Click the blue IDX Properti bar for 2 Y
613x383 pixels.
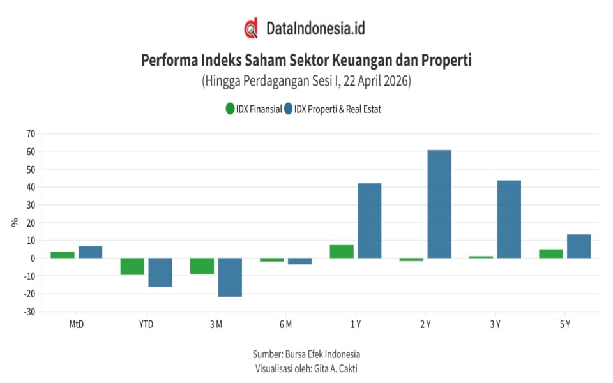(439, 204)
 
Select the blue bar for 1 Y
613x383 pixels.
(369, 220)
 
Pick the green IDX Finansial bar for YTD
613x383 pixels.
(132, 266)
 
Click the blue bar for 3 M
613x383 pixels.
(230, 277)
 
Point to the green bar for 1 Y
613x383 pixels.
(342, 252)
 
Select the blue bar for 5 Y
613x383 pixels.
(579, 246)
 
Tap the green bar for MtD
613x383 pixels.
(63, 255)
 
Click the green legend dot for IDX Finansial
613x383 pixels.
(229, 109)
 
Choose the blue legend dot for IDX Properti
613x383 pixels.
(289, 109)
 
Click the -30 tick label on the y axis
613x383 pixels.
(29, 312)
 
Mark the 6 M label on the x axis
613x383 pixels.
(285, 324)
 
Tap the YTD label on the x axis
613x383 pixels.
(146, 324)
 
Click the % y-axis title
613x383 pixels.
(14, 222)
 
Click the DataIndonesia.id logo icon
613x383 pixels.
(251, 28)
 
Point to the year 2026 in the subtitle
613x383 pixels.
(395, 81)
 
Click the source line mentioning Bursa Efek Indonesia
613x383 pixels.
(306, 354)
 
